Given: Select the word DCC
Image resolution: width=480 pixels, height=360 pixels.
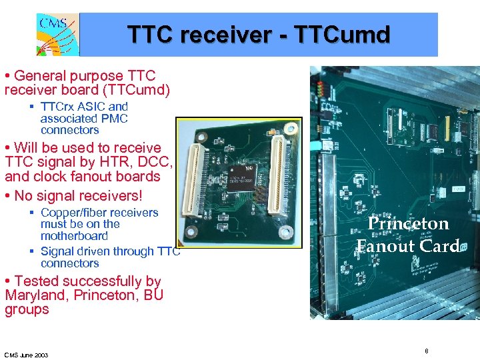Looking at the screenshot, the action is (158, 162).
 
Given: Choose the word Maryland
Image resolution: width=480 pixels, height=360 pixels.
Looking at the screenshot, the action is (33, 295).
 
